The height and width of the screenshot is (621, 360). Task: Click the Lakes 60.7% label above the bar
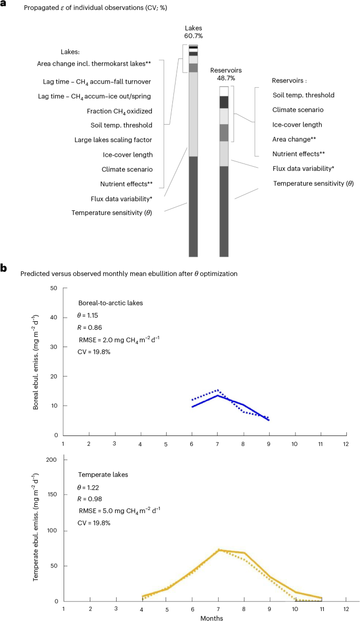(193, 32)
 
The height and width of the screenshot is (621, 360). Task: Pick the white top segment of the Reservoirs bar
(224, 91)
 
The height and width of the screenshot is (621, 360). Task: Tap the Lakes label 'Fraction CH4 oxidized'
(119, 111)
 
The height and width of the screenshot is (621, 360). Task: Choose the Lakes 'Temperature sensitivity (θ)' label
(112, 212)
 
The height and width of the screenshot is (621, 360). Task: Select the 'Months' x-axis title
(211, 618)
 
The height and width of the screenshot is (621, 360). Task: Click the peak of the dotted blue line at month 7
(217, 390)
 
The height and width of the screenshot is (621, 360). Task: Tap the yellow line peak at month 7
(218, 550)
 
